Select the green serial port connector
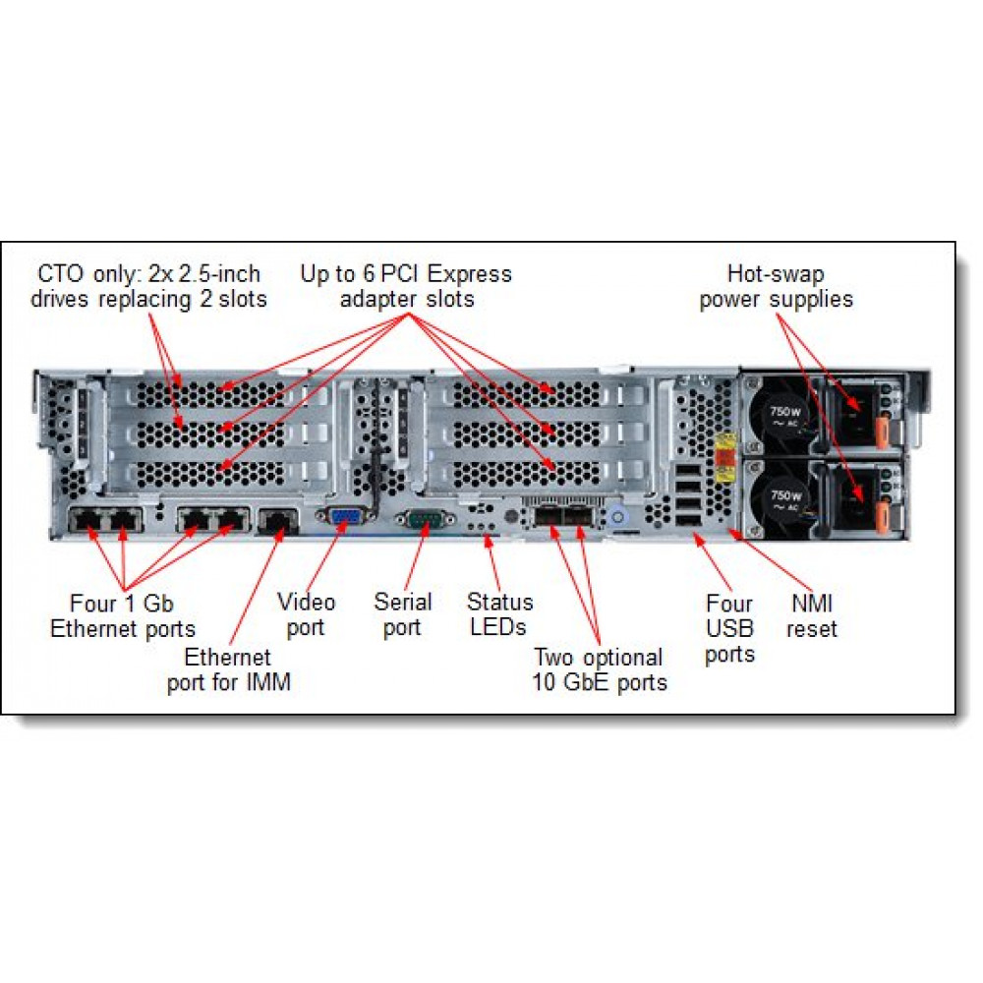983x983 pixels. point(425,520)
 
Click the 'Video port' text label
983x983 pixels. point(306,614)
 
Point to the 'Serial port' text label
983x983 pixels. point(402,614)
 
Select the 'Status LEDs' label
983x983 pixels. point(499,614)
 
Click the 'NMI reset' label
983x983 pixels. point(811,615)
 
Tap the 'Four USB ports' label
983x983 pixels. point(729,629)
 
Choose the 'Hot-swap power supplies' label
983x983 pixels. point(776,286)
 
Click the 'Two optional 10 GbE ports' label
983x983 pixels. point(600,669)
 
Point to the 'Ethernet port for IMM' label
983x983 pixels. point(228,669)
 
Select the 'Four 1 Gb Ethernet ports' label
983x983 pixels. point(123,615)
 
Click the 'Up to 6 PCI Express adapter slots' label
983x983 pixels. point(406,286)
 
